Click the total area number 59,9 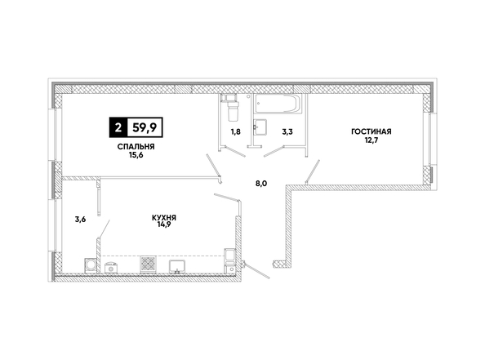point(145,127)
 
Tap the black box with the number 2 point(118,127)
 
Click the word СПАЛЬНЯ point(136,147)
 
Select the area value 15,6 point(136,155)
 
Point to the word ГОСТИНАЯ point(372,131)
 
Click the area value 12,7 point(372,140)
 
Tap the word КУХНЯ point(164,218)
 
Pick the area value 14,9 point(164,224)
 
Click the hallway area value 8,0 point(261,184)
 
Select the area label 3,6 point(80,220)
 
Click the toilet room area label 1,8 point(235,132)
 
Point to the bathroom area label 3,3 point(287,132)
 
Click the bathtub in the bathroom point(277,104)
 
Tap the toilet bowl point(233,109)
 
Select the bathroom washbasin point(260,127)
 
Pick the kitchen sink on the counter point(177,267)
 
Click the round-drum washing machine point(91,265)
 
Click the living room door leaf point(313,171)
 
